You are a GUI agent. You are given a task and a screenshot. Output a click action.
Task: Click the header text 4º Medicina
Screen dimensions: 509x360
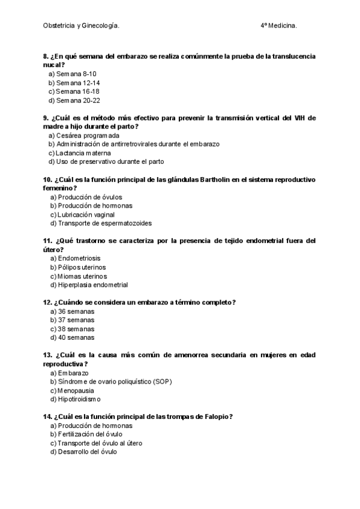pos(278,26)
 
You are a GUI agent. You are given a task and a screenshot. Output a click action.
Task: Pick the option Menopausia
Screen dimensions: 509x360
pos(74,391)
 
